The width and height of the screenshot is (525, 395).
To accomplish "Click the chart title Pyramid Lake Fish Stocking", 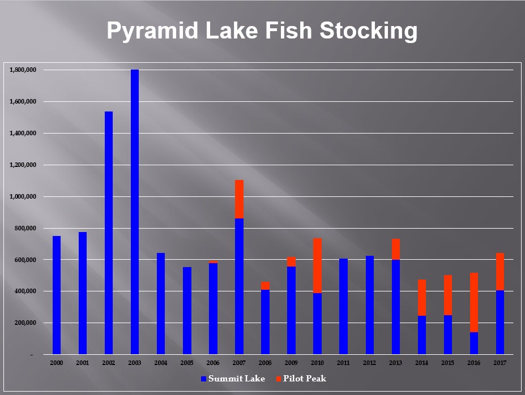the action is (x=262, y=31).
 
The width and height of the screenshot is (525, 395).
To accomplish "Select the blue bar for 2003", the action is (x=135, y=212).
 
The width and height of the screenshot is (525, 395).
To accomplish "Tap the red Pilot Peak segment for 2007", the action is (x=239, y=199).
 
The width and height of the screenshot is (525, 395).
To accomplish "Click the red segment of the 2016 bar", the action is (x=474, y=302).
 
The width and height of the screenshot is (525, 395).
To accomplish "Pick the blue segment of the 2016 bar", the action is (x=474, y=343).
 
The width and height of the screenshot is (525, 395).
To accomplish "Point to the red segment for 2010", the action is (x=317, y=265).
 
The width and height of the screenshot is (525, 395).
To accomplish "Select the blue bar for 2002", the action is (x=109, y=233).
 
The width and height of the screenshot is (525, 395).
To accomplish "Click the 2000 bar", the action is (x=57, y=295).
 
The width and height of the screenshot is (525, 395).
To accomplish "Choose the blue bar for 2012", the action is (x=370, y=305).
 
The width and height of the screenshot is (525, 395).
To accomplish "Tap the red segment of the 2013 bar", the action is (x=396, y=249).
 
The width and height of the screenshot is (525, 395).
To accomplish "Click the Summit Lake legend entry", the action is (x=233, y=379).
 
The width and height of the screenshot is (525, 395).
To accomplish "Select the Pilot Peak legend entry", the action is (x=301, y=379).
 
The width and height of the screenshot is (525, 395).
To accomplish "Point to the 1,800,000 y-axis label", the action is (x=23, y=70).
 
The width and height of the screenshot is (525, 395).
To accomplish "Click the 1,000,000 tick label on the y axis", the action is (x=23, y=196).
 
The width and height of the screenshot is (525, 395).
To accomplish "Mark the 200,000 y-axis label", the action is (x=25, y=323).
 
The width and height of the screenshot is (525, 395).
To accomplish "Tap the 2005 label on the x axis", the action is (x=187, y=363).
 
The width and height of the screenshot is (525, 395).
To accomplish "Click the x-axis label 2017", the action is (x=500, y=363).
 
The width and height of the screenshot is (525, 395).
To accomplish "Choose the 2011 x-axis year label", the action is (x=344, y=363).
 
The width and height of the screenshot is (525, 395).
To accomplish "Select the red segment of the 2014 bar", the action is (x=422, y=298).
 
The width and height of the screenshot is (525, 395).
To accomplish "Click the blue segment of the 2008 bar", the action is (x=265, y=322).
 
